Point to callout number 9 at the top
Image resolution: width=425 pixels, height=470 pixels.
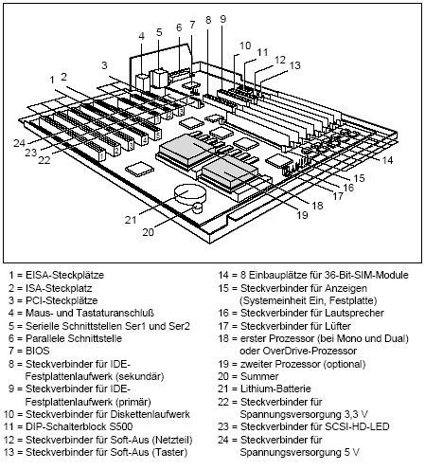click(222, 19)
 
